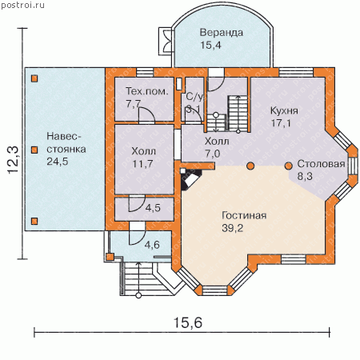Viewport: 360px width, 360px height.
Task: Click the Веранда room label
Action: [222, 33]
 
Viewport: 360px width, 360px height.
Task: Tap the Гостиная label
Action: [244, 215]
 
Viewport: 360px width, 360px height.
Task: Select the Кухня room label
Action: [284, 110]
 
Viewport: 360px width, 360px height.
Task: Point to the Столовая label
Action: [321, 164]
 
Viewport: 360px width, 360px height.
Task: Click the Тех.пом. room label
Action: [147, 91]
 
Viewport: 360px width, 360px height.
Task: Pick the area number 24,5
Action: [58, 162]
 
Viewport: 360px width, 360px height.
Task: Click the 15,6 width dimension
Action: [188, 322]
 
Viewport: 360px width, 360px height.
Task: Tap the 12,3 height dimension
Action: [13, 160]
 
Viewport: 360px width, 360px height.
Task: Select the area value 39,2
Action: [232, 228]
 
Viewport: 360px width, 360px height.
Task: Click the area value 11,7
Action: [142, 164]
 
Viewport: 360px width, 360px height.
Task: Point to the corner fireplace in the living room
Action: [190, 178]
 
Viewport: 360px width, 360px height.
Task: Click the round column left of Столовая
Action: [288, 166]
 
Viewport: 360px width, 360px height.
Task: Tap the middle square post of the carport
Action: [34, 150]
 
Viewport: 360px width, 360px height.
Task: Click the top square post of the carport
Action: [34, 78]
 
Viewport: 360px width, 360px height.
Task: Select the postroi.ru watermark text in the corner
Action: [22, 6]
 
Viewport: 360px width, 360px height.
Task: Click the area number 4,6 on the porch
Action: [152, 245]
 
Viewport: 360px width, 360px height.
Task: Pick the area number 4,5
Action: [153, 208]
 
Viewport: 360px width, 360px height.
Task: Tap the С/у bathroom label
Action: [194, 97]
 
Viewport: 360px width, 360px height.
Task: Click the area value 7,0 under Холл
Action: [212, 154]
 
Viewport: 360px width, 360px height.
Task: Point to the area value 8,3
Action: [305, 176]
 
